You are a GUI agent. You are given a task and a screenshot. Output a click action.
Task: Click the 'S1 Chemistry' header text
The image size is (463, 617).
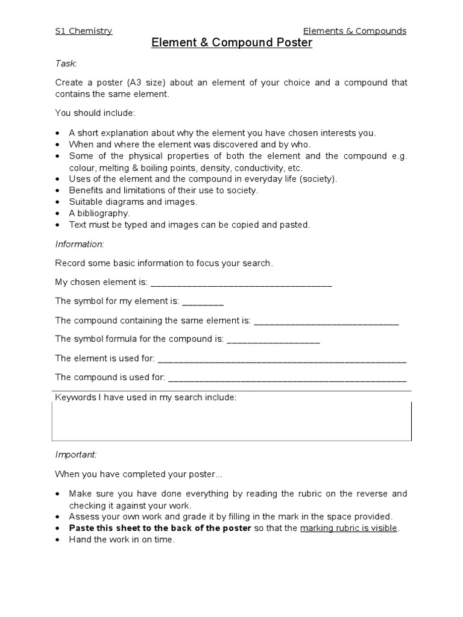point(83,31)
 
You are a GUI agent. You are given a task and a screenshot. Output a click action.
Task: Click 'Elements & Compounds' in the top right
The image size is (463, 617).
point(354,31)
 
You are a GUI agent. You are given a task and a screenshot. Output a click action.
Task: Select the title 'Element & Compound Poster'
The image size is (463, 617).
point(231,43)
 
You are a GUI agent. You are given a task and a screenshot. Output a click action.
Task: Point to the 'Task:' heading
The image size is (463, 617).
point(66,63)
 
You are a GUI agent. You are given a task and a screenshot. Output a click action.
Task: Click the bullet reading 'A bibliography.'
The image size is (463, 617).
point(99,213)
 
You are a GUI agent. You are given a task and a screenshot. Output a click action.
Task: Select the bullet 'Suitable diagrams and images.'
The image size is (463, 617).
point(133,202)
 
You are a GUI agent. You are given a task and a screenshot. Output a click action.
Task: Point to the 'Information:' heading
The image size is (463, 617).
point(80,244)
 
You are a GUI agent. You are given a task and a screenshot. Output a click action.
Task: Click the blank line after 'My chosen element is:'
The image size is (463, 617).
point(241,283)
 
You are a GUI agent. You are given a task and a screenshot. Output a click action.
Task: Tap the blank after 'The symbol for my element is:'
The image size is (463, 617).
point(203,302)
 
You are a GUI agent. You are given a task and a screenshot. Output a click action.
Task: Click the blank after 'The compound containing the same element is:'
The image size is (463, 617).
point(326,321)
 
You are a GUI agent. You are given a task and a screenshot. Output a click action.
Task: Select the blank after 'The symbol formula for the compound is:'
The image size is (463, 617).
point(273,340)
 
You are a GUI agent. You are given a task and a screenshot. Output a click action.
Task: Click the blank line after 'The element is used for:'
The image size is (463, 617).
point(282,359)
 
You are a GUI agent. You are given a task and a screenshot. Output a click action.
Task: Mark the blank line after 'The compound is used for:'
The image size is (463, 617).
point(287,378)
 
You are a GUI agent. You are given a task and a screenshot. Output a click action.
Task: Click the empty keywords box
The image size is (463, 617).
point(231,423)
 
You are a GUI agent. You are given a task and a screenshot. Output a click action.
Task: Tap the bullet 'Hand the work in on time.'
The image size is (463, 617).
point(121,540)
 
